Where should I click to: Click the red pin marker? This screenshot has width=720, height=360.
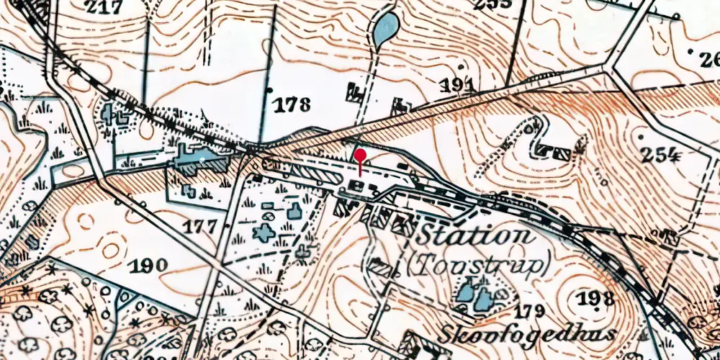click(x=359, y=156)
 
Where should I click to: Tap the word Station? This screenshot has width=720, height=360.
click(x=476, y=235)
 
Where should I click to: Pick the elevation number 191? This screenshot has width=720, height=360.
click(x=457, y=86)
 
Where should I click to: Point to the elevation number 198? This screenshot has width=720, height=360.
click(x=595, y=298)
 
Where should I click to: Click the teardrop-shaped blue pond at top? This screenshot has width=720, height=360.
click(x=385, y=28)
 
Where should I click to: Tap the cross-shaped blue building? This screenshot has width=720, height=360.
click(x=264, y=233)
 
